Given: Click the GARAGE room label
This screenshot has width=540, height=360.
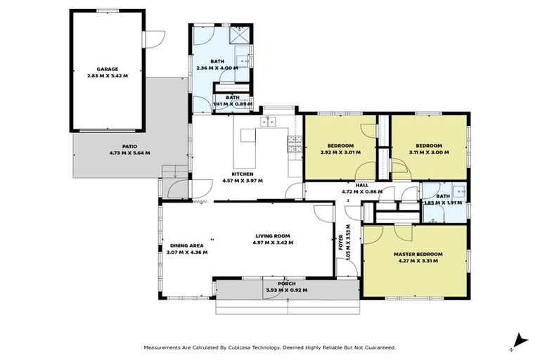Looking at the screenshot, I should tap(107, 69).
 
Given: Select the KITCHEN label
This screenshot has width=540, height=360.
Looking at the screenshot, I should tap(243, 174).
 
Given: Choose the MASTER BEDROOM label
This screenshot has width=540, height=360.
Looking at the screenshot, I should tap(418, 253).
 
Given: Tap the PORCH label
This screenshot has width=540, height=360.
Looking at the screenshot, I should tap(286, 283).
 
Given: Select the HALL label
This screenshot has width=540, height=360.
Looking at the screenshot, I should tap(361, 185).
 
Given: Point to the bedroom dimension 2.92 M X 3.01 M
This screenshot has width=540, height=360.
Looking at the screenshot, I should tap(340, 152).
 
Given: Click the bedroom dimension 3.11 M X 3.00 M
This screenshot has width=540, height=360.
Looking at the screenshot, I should tap(428, 152).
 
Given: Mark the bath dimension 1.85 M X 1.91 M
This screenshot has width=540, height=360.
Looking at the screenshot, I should tap(442, 202).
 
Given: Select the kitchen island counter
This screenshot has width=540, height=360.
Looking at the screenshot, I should tap(248, 136).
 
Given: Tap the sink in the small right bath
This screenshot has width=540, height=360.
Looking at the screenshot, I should tap(459, 190).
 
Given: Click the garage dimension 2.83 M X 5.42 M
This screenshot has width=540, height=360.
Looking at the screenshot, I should tap(107, 75).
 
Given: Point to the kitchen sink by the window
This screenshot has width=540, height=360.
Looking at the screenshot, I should tap(269, 122).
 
